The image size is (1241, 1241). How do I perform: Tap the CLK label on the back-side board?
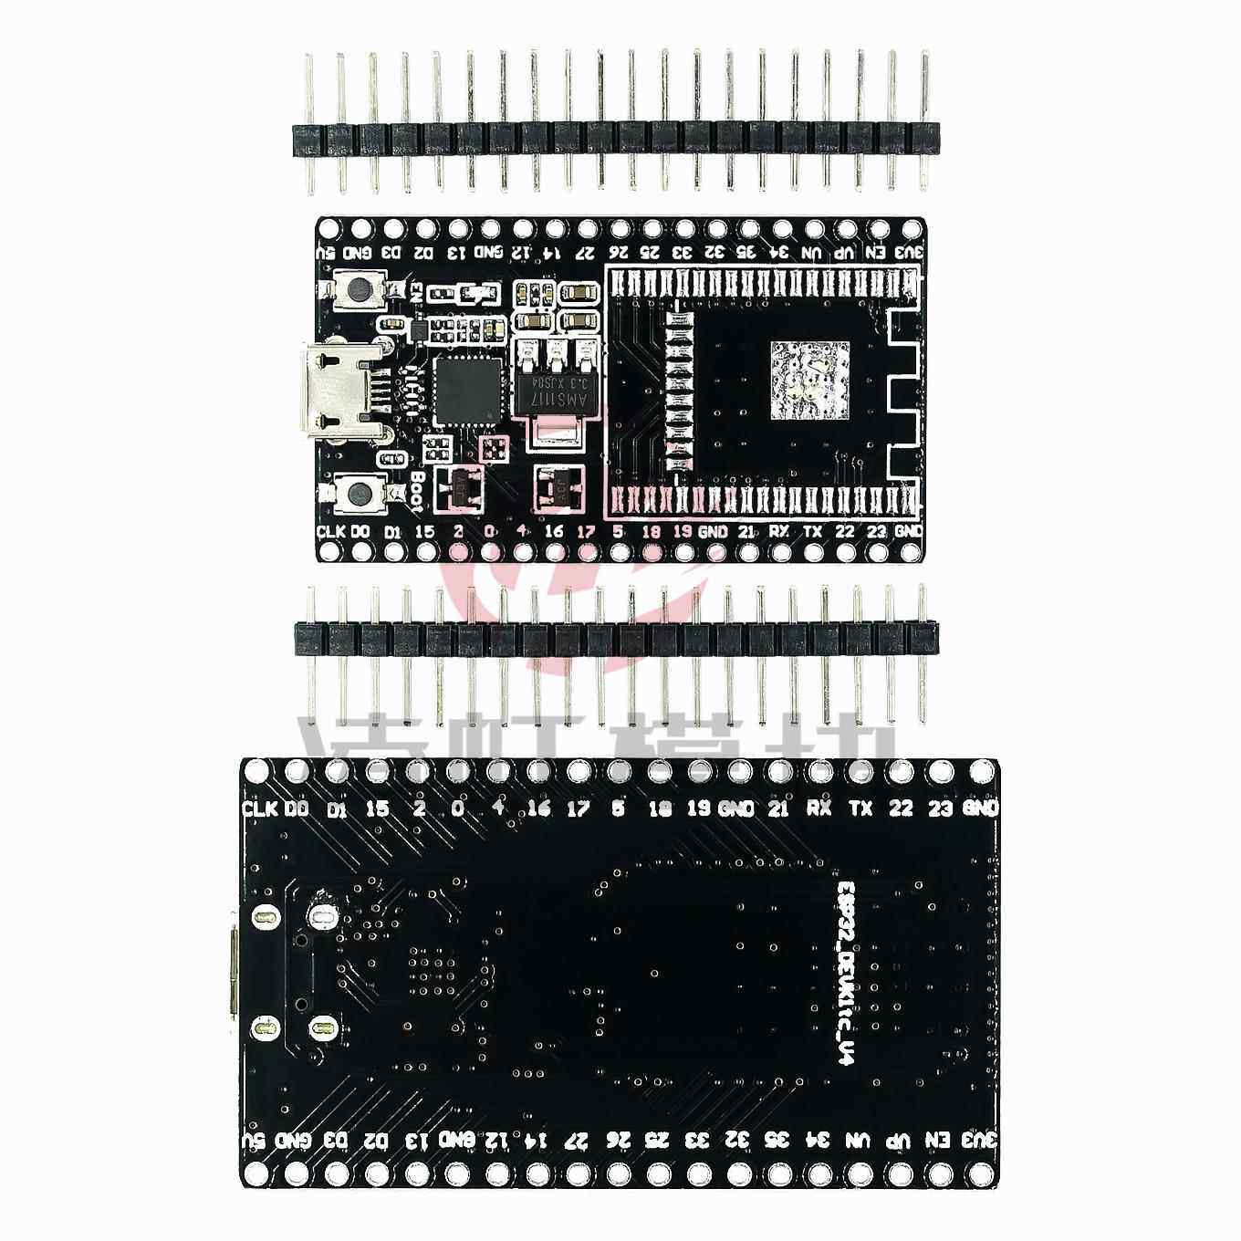260,808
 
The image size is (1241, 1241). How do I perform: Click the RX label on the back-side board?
817,808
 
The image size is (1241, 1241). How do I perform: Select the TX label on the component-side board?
811,531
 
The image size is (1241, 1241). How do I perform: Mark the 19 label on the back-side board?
698,808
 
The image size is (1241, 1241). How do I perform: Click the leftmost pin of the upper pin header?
308,124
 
